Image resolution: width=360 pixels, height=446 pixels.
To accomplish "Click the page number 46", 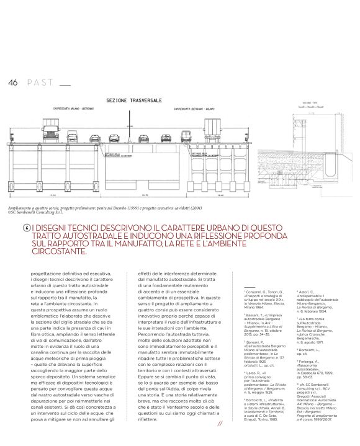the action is click(x=12, y=83).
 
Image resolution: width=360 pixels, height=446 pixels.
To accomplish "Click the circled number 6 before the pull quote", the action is click(x=26, y=227).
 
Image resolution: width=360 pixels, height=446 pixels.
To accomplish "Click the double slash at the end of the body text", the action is click(x=220, y=424).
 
